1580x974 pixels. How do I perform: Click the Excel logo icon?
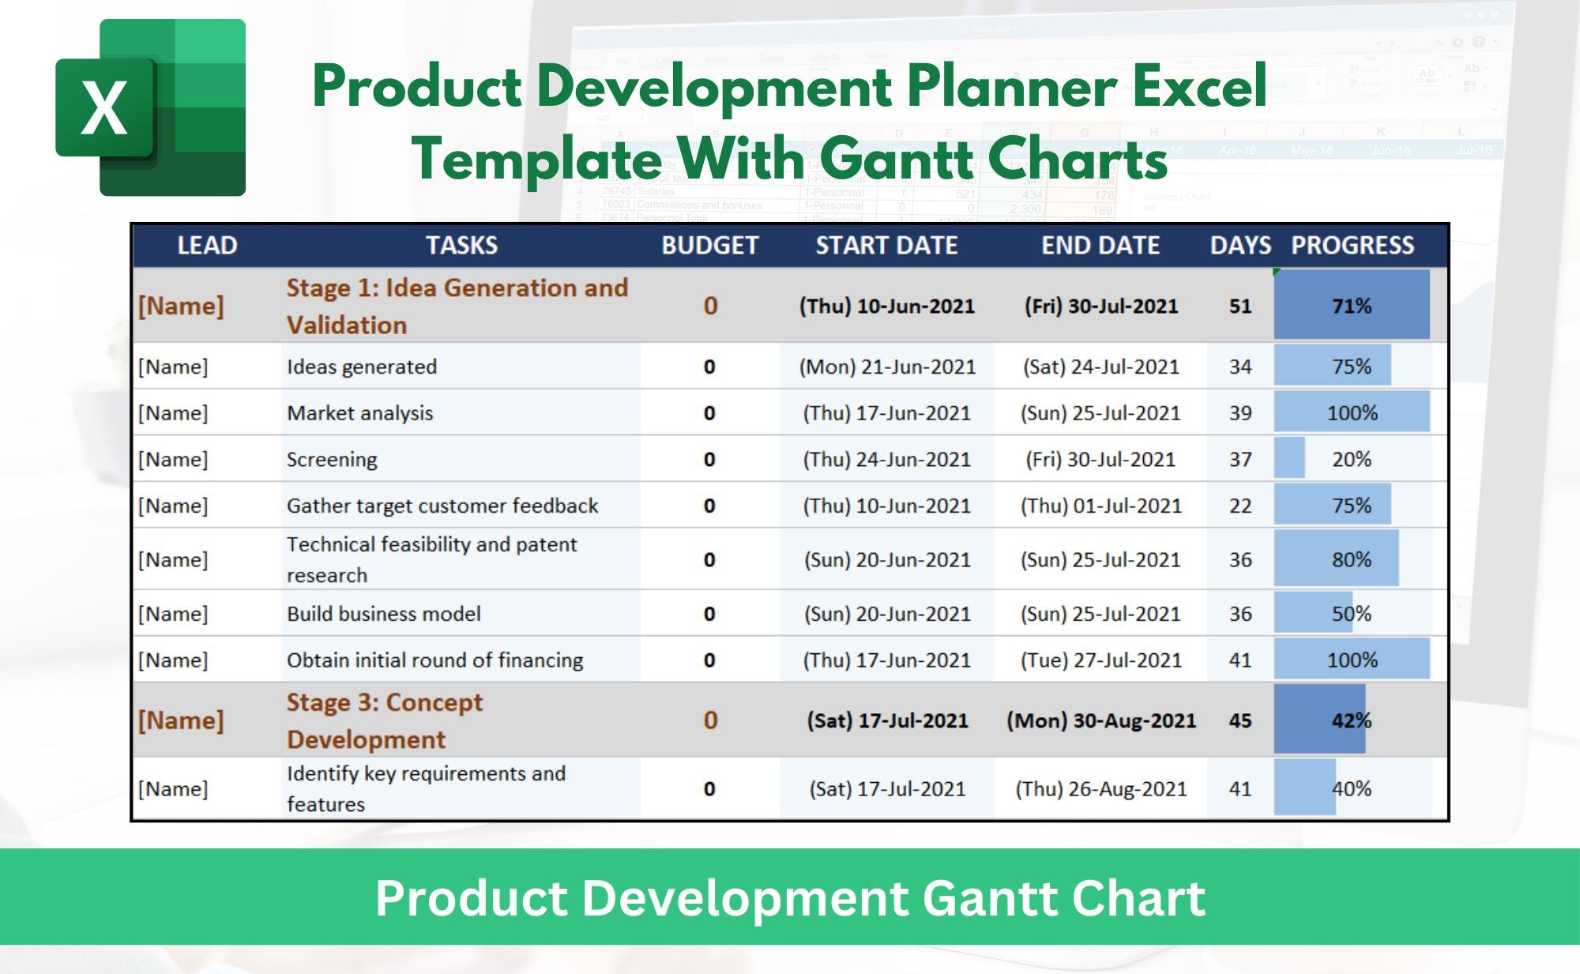pos(150,107)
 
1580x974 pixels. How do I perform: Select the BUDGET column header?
pos(709,246)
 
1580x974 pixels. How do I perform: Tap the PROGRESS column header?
pos(1352,246)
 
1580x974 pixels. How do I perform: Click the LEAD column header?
pos(207,246)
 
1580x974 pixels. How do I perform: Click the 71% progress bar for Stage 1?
pos(1351,306)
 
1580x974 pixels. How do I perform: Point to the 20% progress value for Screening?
pos(1351,459)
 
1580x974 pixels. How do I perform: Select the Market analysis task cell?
pos(360,413)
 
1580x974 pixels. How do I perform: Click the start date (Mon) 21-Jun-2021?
pos(886,367)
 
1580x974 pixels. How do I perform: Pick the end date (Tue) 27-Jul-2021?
pos(1100,660)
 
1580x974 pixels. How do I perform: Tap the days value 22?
pos(1240,506)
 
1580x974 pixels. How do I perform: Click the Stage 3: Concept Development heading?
pos(385,720)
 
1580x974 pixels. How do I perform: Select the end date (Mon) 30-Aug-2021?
pos(1100,720)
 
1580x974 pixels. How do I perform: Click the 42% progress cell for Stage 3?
pos(1351,720)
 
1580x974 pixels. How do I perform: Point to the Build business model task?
pos(384,614)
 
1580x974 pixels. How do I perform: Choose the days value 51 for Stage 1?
pos(1240,306)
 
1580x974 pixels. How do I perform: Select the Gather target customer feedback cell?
pos(442,506)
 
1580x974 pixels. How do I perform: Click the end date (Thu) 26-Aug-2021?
pos(1100,788)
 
